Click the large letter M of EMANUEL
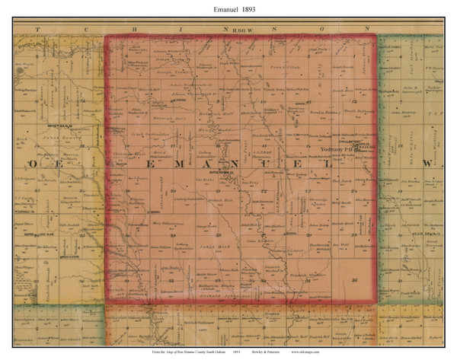coord(171,164)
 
